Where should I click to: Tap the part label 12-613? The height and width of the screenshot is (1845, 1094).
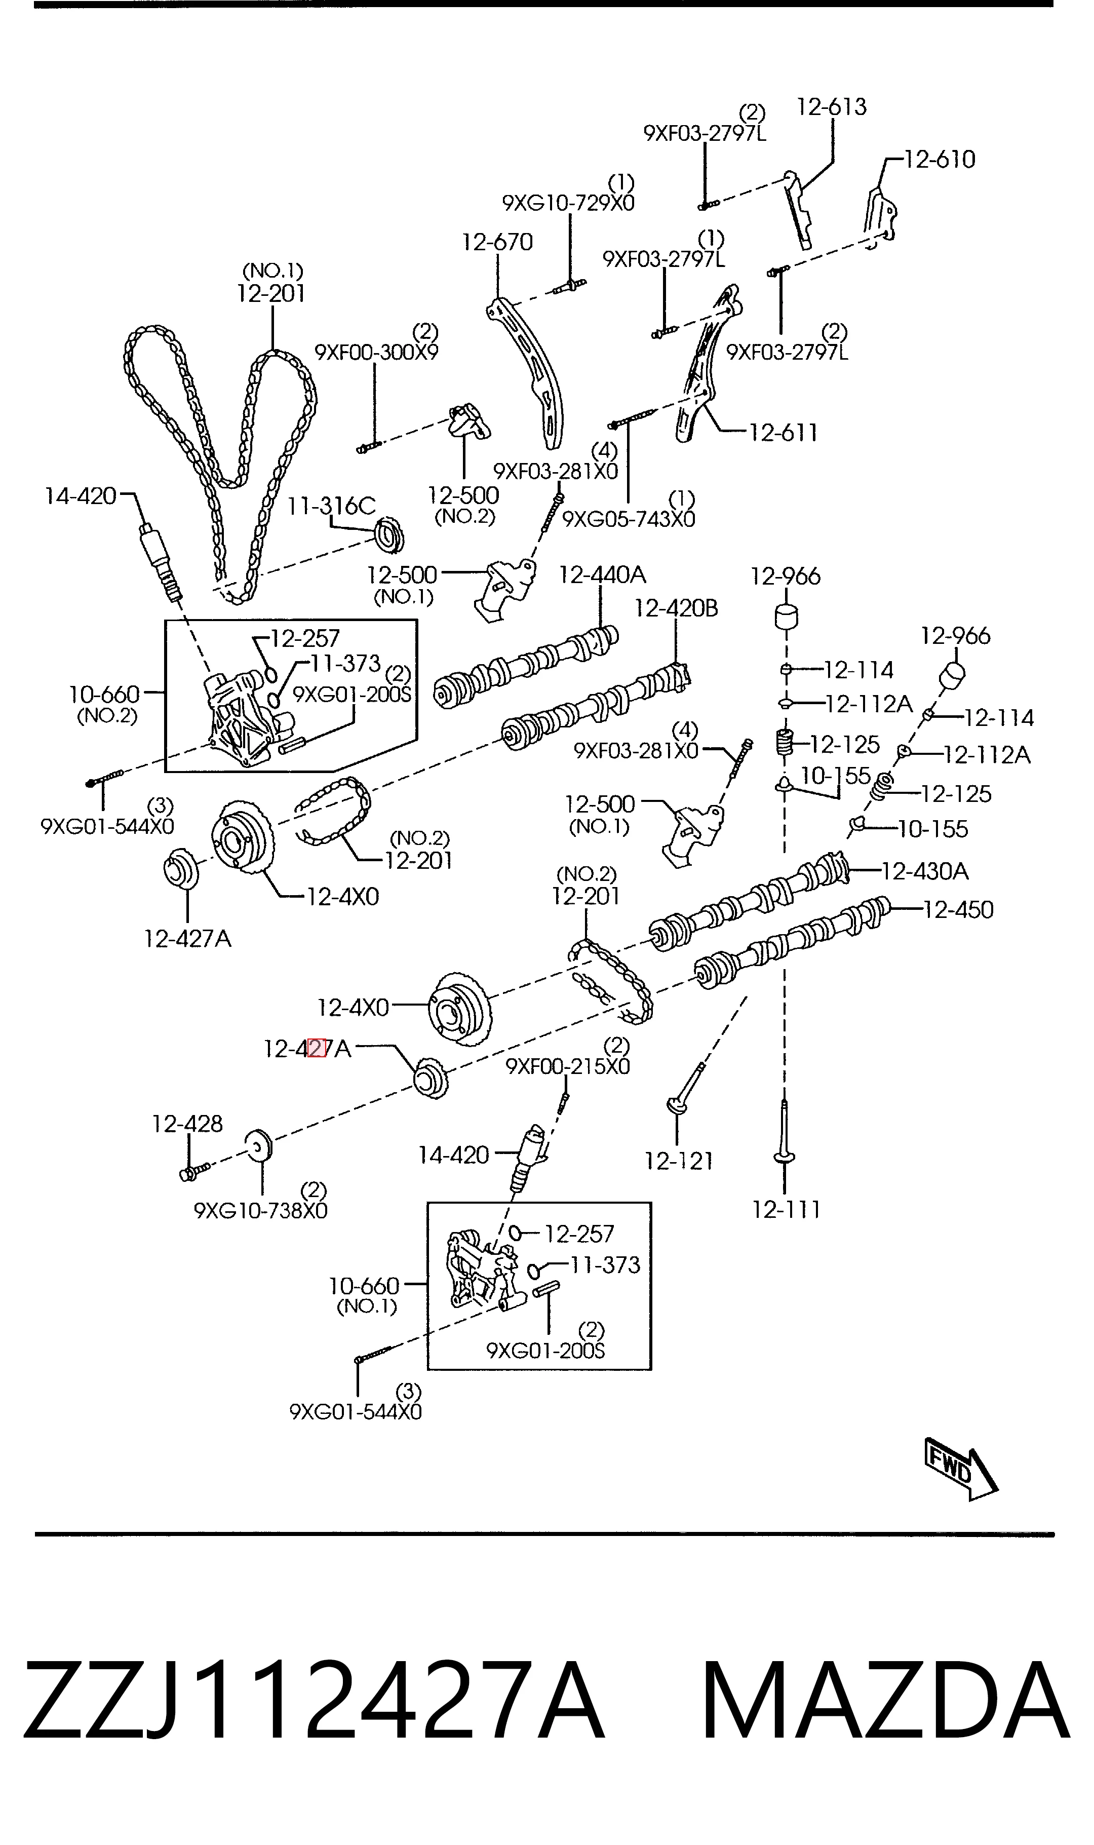[x=832, y=107]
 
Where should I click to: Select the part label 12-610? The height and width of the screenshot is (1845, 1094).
[x=940, y=159]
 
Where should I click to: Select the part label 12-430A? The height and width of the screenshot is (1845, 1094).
[x=925, y=871]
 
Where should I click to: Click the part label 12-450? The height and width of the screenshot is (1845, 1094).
[x=958, y=910]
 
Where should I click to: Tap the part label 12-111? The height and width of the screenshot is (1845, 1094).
[x=786, y=1210]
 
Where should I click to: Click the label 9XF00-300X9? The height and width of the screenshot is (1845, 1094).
[x=377, y=353]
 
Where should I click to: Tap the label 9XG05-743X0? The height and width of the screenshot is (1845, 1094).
[x=629, y=520]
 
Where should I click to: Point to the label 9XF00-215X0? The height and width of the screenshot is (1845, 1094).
[x=568, y=1066]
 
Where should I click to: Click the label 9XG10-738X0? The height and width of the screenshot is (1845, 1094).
[x=261, y=1211]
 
